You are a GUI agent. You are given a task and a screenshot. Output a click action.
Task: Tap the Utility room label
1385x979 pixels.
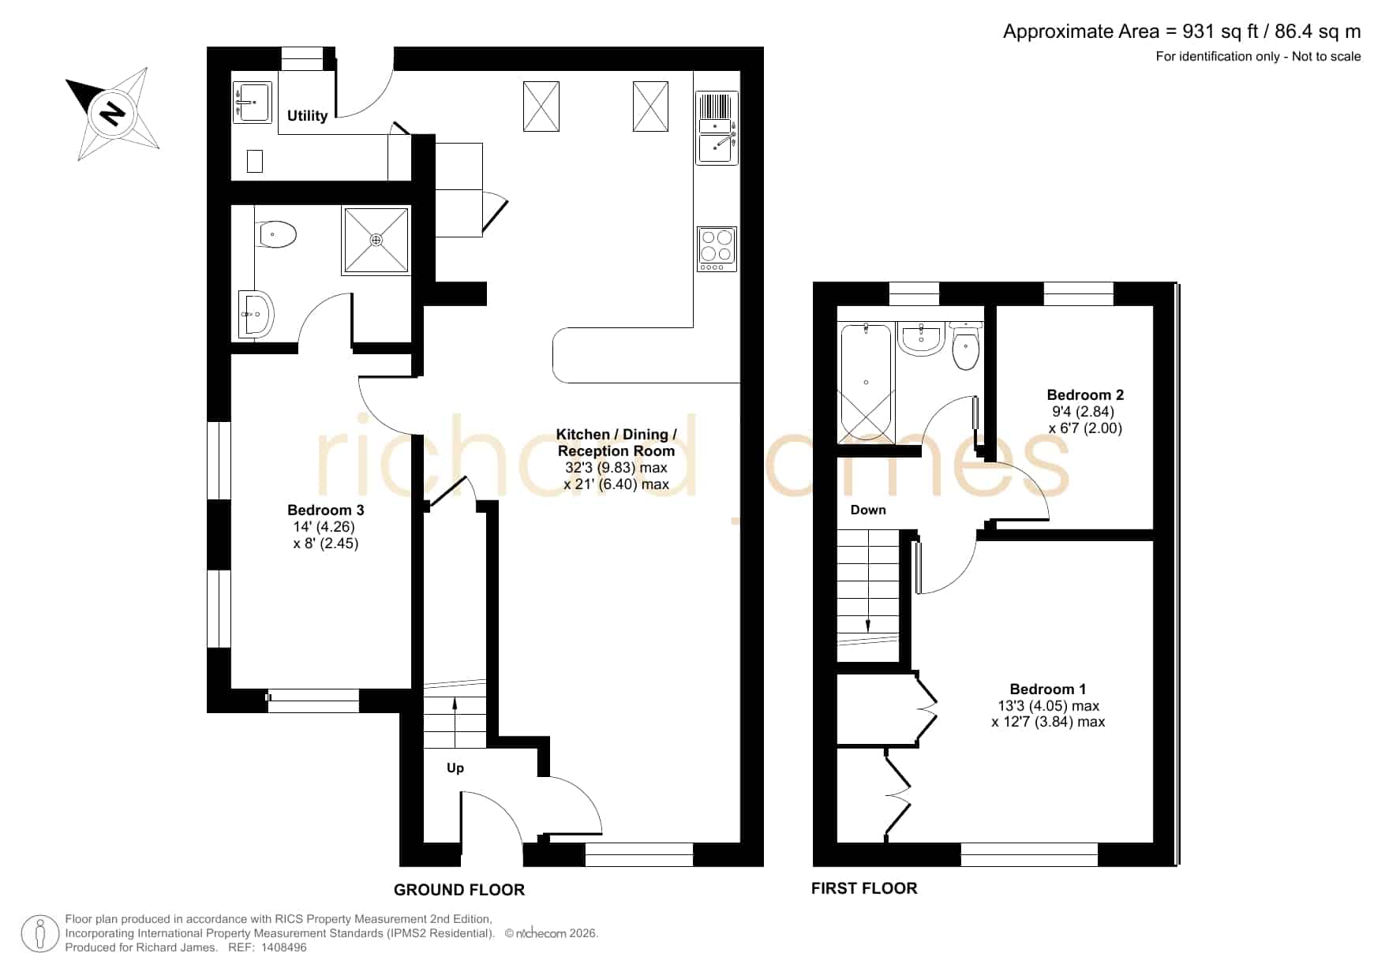pyautogui.click(x=307, y=116)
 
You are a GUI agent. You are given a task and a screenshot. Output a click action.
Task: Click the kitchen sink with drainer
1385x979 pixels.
pyautogui.click(x=717, y=128)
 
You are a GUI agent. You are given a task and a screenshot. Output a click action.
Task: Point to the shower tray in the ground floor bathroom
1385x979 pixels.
pyautogui.click(x=376, y=241)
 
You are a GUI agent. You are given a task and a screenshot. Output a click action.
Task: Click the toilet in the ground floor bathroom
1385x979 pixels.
pyautogui.click(x=276, y=234)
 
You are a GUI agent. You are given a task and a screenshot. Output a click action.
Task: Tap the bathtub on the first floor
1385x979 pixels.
pyautogui.click(x=866, y=383)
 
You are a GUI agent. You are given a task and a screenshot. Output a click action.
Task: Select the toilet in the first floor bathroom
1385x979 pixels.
pyautogui.click(x=966, y=346)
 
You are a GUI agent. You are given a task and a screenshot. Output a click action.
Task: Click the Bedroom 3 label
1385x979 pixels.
pyautogui.click(x=325, y=510)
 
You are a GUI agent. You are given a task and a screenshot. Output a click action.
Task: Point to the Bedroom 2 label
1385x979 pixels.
pyautogui.click(x=1085, y=395)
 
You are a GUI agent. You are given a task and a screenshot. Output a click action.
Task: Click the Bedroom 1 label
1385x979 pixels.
pyautogui.click(x=1047, y=689)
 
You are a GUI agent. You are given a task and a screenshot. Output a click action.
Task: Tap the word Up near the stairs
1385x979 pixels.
pyautogui.click(x=455, y=768)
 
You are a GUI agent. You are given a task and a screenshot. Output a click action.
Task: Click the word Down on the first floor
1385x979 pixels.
pyautogui.click(x=868, y=510)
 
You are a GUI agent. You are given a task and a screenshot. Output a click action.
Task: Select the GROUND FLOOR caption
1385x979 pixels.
pyautogui.click(x=459, y=890)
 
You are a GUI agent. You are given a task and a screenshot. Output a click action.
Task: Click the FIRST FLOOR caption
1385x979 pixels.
pyautogui.click(x=864, y=888)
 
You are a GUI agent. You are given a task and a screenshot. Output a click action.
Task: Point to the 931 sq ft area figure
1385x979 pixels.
pyautogui.click(x=1220, y=32)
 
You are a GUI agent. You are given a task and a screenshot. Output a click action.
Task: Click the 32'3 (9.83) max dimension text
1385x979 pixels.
pyautogui.click(x=616, y=468)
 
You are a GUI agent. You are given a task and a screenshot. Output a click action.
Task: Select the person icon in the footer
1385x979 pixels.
pyautogui.click(x=40, y=934)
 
